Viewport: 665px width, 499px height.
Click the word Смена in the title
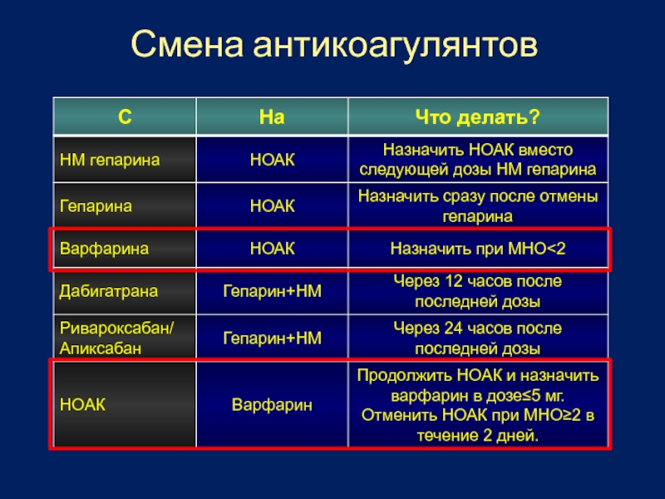click(x=187, y=44)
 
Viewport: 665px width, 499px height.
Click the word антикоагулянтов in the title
click(x=396, y=46)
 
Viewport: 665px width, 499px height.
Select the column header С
click(x=125, y=116)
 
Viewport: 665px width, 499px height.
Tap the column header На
click(x=272, y=116)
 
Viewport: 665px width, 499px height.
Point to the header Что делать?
click(x=477, y=117)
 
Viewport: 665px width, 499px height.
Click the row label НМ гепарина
click(x=110, y=160)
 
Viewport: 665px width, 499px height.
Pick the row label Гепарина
click(x=96, y=206)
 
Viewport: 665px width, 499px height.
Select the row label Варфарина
click(x=105, y=249)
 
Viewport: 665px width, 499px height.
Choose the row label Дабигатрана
click(x=109, y=291)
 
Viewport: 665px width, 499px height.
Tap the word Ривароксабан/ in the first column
click(x=116, y=328)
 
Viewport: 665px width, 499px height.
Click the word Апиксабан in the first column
click(x=101, y=348)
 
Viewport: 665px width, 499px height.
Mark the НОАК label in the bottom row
click(x=82, y=405)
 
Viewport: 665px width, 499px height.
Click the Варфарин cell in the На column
click(x=272, y=405)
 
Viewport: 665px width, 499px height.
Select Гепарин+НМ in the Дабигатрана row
click(x=273, y=291)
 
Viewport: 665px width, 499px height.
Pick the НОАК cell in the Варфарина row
click(x=273, y=249)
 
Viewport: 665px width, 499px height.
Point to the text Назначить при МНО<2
click(x=478, y=249)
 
